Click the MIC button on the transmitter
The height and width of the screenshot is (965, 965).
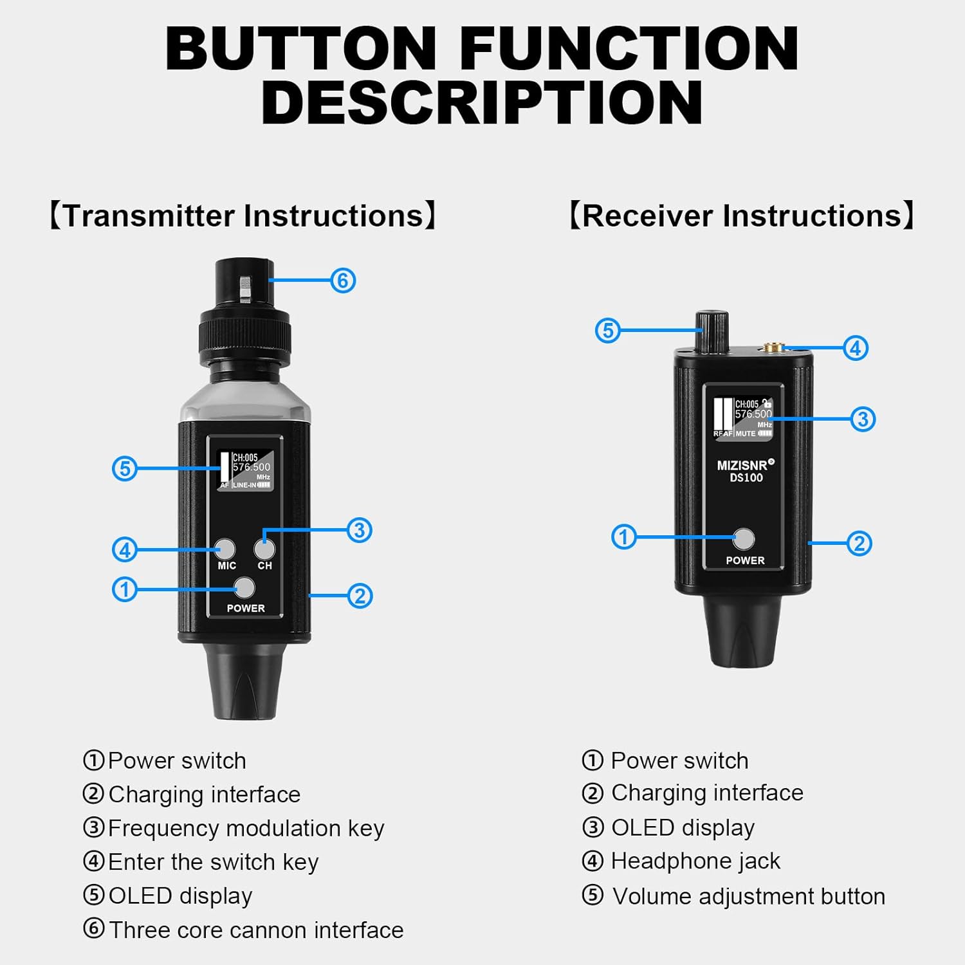[x=225, y=549]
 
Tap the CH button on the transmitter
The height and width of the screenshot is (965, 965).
[x=264, y=549]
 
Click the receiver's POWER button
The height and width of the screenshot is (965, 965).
[x=744, y=539]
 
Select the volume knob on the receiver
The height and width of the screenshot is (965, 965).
[x=711, y=331]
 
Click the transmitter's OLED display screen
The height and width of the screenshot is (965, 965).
[x=245, y=470]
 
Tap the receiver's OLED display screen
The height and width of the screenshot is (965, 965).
[x=743, y=418]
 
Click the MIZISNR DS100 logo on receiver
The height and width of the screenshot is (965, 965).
[x=746, y=471]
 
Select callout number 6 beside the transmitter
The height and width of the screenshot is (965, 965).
[x=343, y=280]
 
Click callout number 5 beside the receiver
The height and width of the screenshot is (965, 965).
[x=607, y=331]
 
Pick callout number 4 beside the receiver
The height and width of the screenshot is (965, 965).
[x=856, y=348]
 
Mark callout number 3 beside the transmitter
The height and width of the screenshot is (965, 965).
[x=359, y=530]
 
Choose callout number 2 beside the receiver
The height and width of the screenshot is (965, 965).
[x=859, y=544]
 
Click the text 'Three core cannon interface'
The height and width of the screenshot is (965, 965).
[x=255, y=930]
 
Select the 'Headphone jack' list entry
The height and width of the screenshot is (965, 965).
[x=695, y=861]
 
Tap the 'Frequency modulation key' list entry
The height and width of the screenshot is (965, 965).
[x=246, y=828]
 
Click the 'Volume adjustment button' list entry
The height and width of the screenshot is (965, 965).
[x=748, y=896]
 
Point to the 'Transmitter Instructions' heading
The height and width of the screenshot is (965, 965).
[x=243, y=216]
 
